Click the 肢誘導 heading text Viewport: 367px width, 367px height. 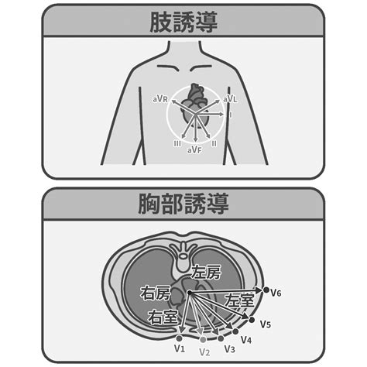coord(183,22)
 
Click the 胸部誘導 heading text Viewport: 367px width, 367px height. coord(183,204)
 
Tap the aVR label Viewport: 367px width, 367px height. coord(160,99)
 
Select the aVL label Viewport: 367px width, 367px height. coord(230,99)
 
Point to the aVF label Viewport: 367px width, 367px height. coord(194,149)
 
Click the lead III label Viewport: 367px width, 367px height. coord(177,143)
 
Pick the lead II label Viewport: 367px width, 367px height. coord(214,143)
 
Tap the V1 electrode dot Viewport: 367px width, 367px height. coord(180,338)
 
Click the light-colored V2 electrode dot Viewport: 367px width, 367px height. coord(203,340)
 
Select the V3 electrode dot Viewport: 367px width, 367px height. coord(221,338)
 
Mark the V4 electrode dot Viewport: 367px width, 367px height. coord(235,331)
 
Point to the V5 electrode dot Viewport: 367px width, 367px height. coord(252,320)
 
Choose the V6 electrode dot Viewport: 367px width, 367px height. coord(266,290)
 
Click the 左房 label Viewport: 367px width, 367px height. coord(206,272)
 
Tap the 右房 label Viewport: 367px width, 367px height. coord(156,293)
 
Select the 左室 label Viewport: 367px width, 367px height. coord(239,300)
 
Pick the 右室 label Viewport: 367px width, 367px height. coord(163,317)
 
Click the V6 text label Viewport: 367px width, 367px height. coord(276,293)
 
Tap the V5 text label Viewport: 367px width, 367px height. coord(266,324)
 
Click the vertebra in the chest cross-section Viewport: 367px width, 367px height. coord(183,256)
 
